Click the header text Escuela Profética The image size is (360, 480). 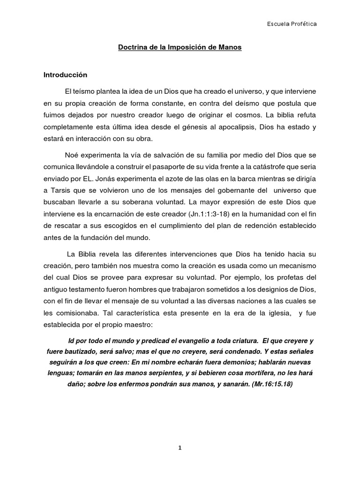[292, 24]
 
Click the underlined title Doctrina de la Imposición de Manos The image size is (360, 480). [180, 48]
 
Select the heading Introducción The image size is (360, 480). [66, 75]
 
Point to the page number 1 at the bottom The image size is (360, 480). [180, 448]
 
